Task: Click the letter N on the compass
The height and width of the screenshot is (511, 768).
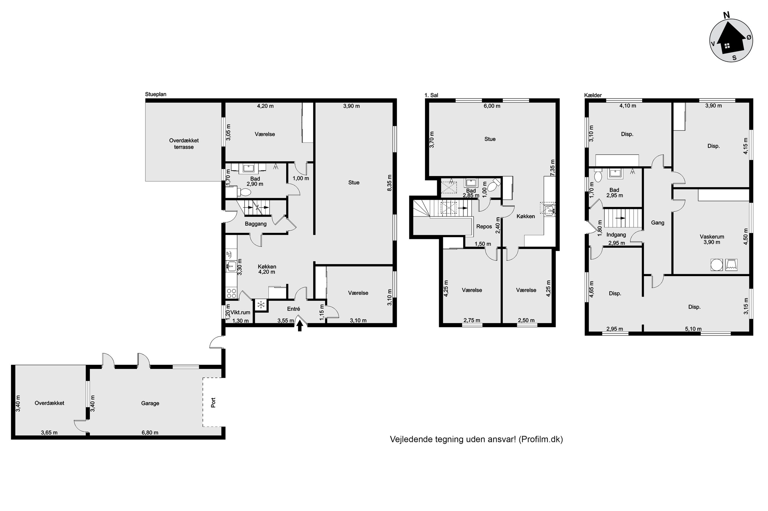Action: click(727, 15)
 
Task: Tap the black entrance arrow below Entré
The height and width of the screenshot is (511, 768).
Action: click(300, 326)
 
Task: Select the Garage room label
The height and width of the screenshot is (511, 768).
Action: click(150, 403)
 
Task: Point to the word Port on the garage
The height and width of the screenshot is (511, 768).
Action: click(213, 402)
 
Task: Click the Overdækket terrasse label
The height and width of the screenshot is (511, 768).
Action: click(184, 144)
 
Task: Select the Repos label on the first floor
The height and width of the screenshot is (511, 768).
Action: click(484, 226)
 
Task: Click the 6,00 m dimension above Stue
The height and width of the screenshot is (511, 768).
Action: click(492, 106)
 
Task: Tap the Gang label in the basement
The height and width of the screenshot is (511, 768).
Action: click(658, 223)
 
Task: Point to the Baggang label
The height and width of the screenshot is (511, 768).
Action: click(256, 224)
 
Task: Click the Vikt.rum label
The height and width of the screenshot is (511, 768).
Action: click(240, 312)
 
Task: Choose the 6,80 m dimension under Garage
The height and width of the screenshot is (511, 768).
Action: click(150, 433)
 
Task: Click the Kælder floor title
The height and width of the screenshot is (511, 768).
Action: click(593, 95)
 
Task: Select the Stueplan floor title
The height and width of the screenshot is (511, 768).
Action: click(156, 94)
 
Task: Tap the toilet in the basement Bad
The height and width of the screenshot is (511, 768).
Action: click(598, 176)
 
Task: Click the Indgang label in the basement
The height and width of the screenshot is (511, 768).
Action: click(616, 234)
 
